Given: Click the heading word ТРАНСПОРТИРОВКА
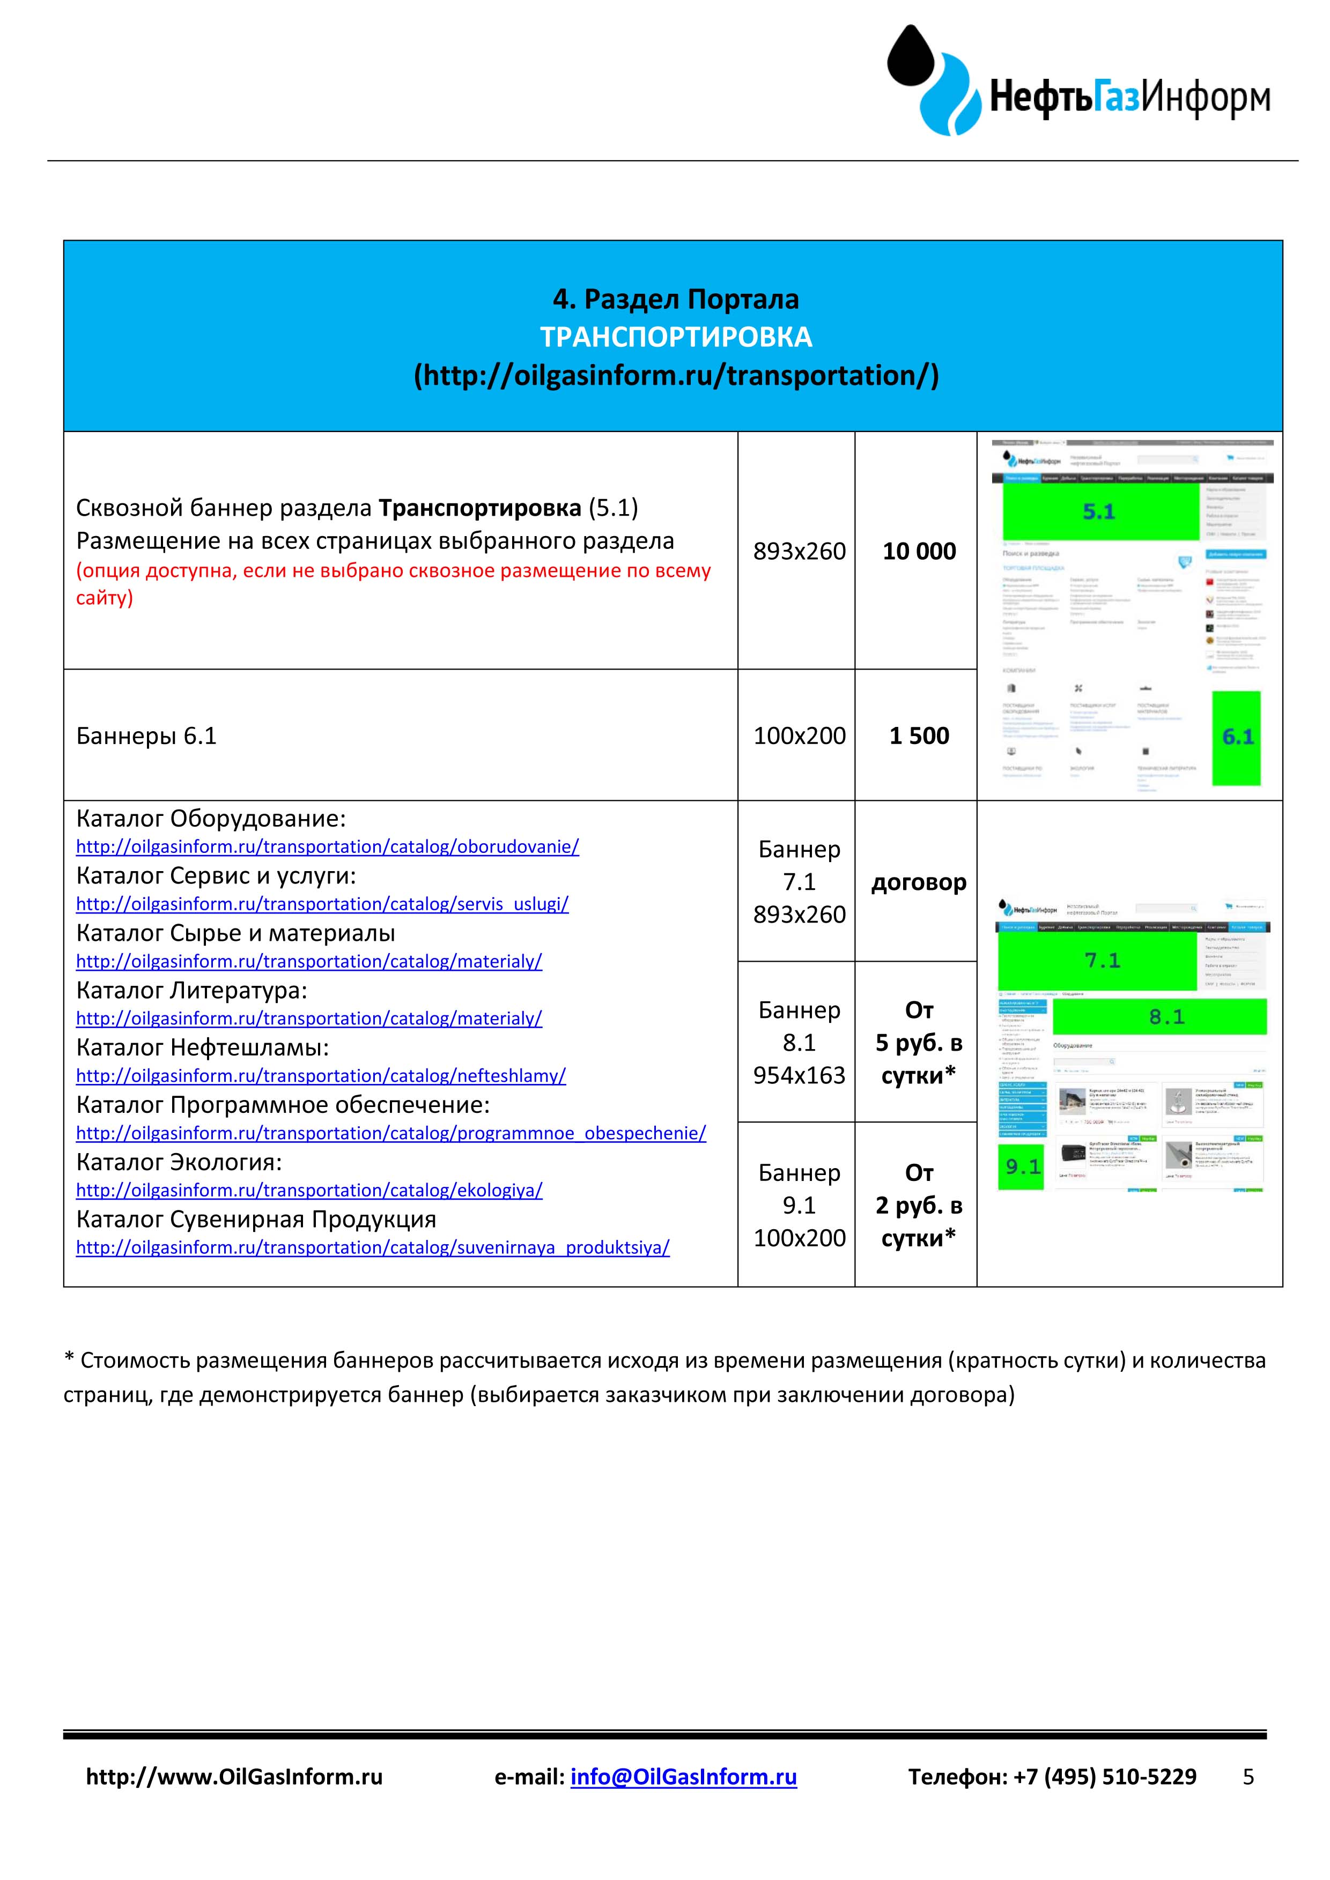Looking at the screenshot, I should [x=676, y=337].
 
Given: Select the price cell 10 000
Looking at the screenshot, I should [x=919, y=551].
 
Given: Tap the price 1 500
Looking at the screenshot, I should [x=919, y=735].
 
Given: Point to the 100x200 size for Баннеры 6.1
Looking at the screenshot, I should [x=799, y=735].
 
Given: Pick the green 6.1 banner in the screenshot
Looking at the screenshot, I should [x=1237, y=737].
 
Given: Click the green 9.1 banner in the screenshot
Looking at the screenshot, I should [x=1021, y=1166].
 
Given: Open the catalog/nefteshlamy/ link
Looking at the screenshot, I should [x=321, y=1076].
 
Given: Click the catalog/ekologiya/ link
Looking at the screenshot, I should [x=309, y=1191].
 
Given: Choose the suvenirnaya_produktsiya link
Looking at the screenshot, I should [x=373, y=1248].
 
